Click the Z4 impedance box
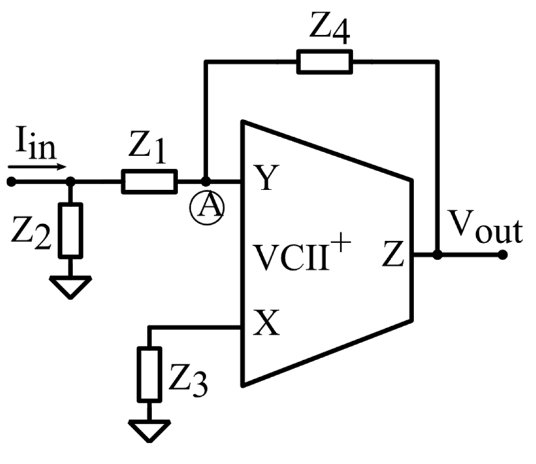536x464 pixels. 324,61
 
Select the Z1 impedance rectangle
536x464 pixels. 149,181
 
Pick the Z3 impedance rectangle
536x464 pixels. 149,374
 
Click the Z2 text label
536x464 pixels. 31,233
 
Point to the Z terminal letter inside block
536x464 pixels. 394,254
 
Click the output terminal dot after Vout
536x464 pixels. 503,255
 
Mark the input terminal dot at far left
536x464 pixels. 11,182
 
